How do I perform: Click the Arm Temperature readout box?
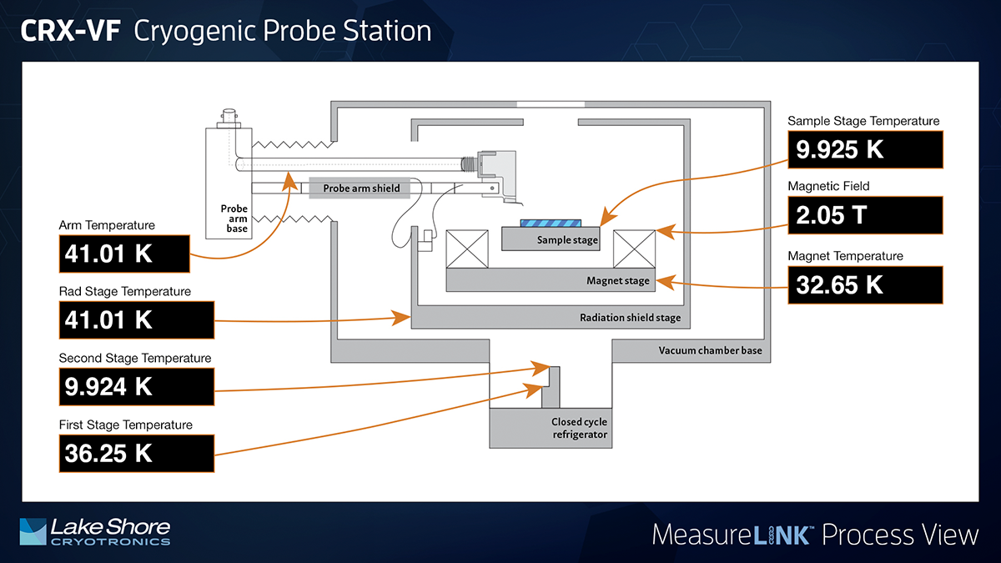125,253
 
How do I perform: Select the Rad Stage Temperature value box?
125,319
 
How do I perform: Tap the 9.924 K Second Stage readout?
125,386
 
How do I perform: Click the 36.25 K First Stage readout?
125,453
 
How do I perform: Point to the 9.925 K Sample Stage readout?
865,150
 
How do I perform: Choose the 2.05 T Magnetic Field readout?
865,215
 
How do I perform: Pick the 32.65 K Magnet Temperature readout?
865,284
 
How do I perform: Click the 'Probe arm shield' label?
361,189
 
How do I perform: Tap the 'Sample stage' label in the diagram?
568,240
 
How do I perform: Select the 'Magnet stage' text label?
617,281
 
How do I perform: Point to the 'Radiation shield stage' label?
630,318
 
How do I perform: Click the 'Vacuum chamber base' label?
710,350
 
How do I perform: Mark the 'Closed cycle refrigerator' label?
579,429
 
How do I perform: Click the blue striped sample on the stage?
550,223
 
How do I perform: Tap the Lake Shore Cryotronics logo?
94,531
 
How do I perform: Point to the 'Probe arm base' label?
234,219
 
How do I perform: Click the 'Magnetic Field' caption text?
828,187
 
